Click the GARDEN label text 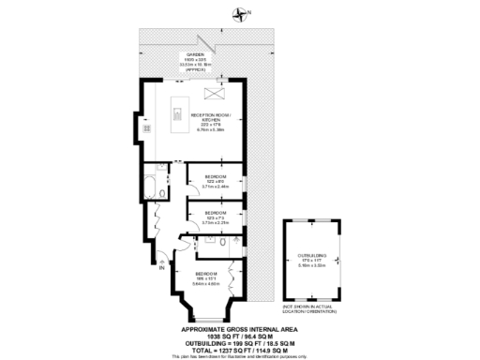pos(195,55)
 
